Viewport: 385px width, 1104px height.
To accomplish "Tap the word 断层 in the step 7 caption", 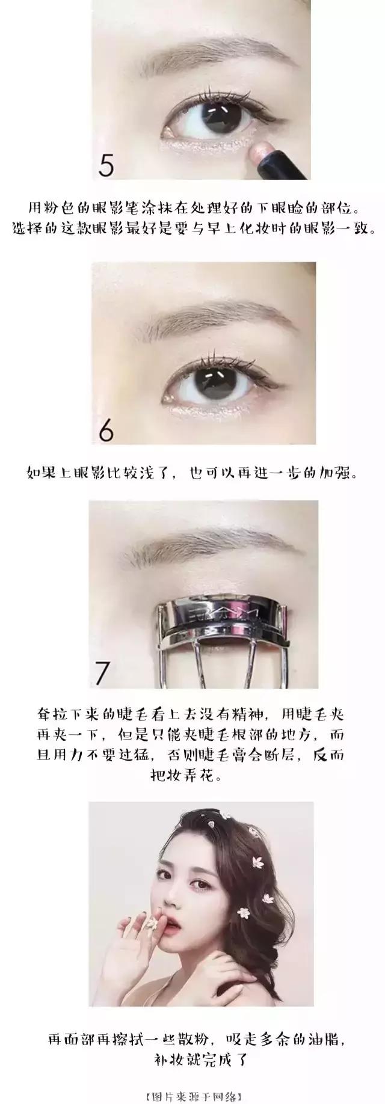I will [281, 753].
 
